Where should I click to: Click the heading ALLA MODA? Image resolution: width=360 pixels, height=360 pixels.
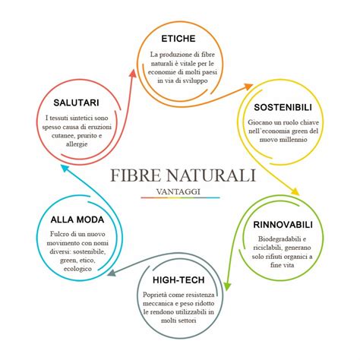(71, 219)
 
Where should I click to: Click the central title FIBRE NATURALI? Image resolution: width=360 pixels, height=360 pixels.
(182, 175)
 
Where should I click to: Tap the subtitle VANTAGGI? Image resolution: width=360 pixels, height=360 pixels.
(181, 191)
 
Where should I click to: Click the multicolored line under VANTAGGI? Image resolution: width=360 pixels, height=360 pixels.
(181, 197)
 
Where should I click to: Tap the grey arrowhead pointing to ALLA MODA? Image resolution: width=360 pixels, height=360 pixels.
(111, 273)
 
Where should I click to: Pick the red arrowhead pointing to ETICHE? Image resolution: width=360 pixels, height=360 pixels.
(134, 72)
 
